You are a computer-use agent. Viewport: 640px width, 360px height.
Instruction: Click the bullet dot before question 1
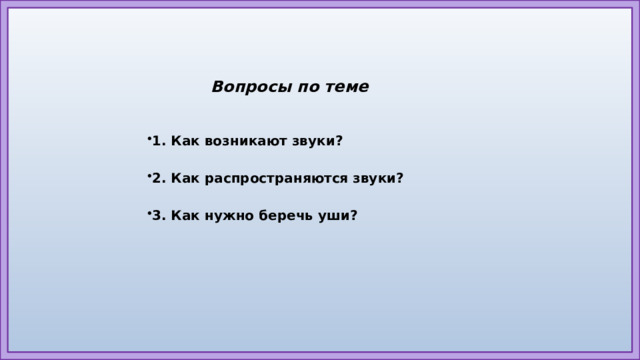(147, 138)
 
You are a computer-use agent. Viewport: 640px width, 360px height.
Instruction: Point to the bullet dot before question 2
(147, 176)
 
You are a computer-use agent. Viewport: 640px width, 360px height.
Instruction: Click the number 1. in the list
(158, 141)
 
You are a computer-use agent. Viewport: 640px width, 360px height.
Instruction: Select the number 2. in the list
(158, 178)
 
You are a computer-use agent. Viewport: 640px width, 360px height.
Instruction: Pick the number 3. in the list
(158, 216)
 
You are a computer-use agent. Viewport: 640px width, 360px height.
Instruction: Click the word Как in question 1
(185, 141)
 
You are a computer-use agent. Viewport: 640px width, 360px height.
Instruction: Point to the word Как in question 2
(185, 178)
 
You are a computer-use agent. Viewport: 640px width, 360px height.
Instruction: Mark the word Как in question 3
(185, 216)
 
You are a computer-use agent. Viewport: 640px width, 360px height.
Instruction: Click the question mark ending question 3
(354, 216)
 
